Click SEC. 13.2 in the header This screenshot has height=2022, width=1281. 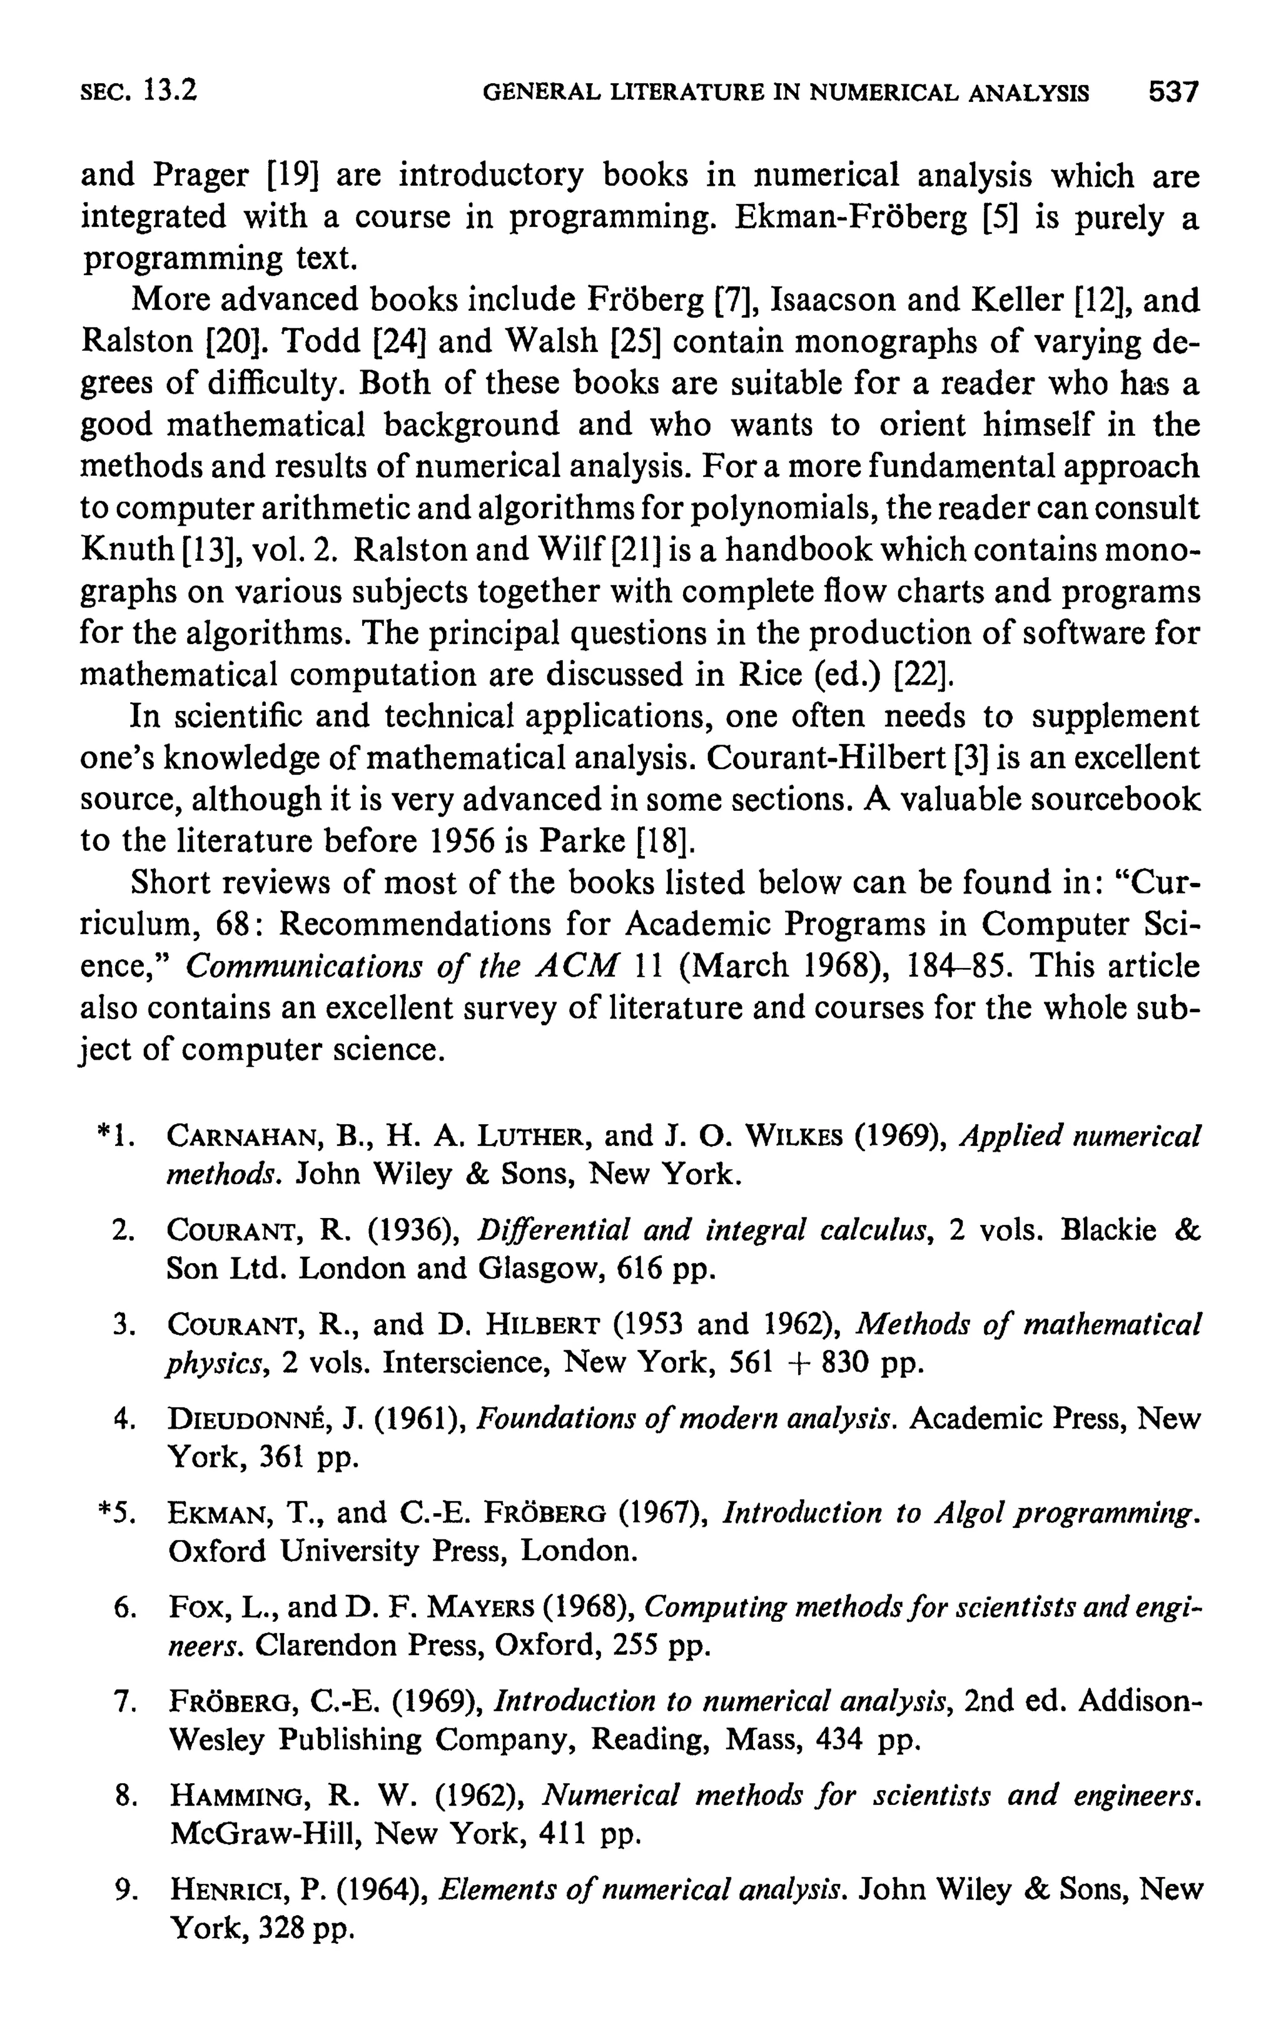click(x=139, y=91)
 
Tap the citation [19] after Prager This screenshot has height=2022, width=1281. click(x=295, y=176)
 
